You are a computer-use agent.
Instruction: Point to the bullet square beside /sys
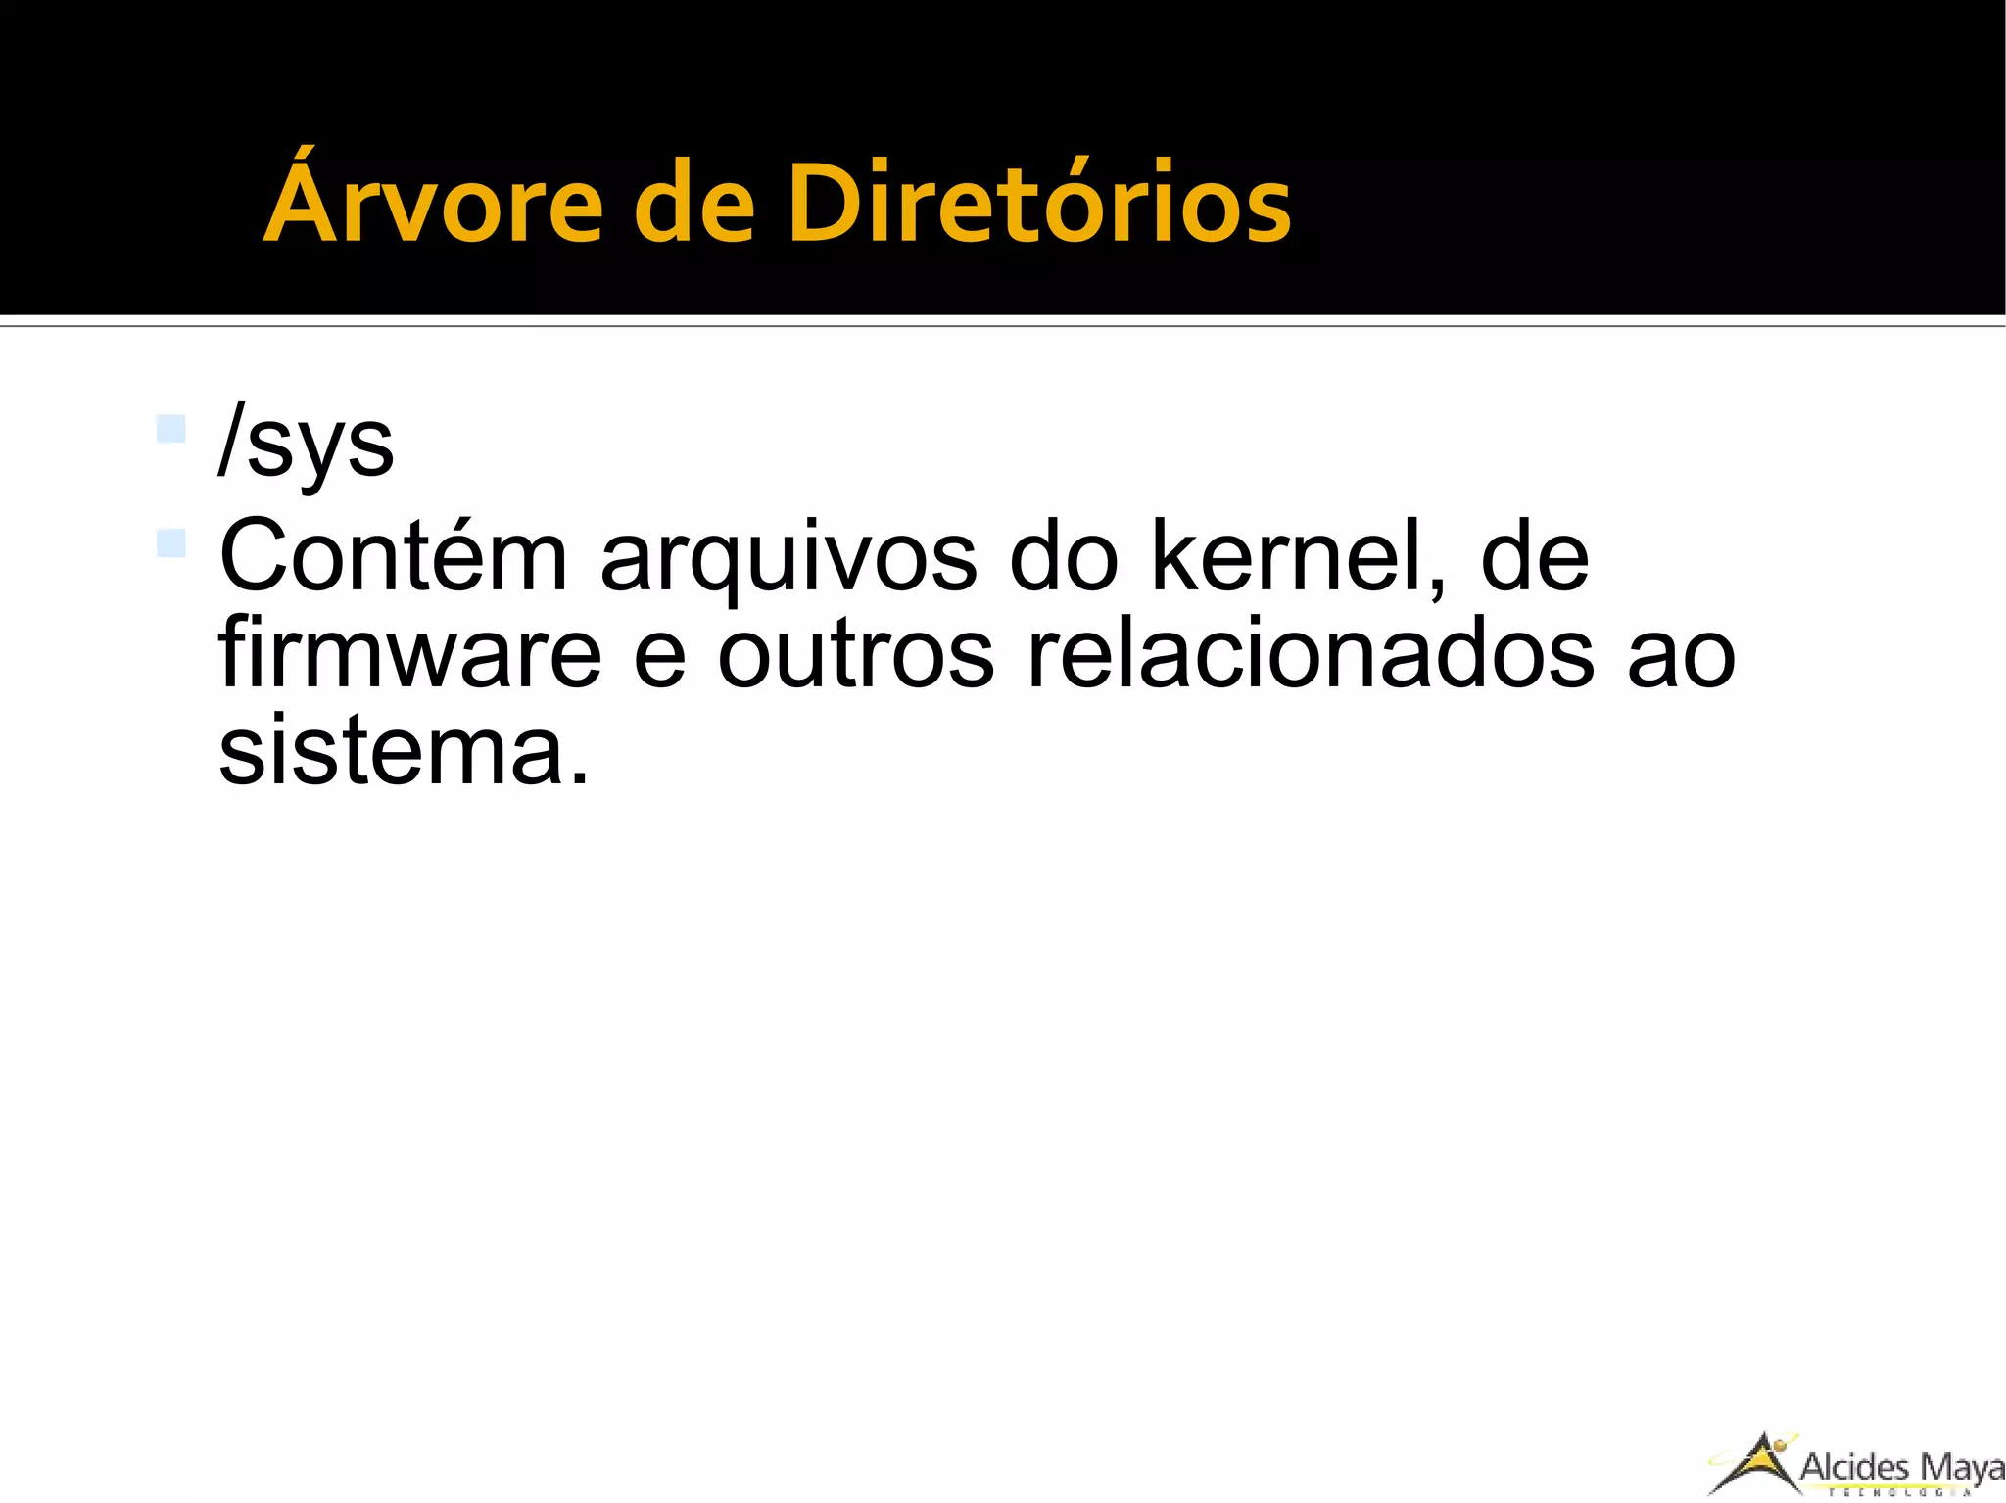tap(170, 429)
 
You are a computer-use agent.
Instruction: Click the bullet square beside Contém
tap(170, 542)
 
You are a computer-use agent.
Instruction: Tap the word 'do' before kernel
tap(1064, 558)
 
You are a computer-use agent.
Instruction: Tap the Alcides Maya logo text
tap(1901, 1468)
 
